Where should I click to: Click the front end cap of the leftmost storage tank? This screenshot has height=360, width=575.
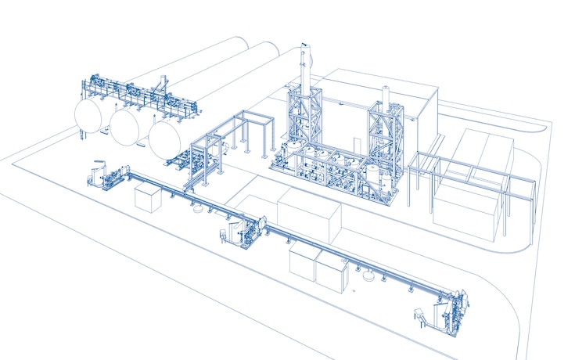pos(89,114)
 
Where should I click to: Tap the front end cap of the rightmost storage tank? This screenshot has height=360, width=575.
pos(164,137)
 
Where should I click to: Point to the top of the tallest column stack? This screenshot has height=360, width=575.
pos(306,52)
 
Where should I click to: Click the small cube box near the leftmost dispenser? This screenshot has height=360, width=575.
pos(148,197)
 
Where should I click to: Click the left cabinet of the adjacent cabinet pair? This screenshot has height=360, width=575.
pos(302,261)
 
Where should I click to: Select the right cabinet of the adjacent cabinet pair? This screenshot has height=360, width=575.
pos(332,270)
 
